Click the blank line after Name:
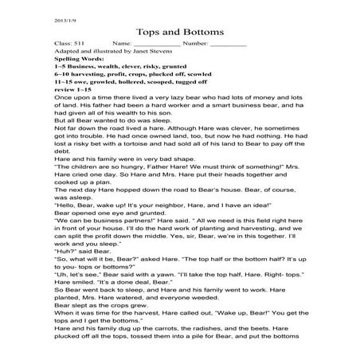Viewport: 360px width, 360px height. click(153, 44)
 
